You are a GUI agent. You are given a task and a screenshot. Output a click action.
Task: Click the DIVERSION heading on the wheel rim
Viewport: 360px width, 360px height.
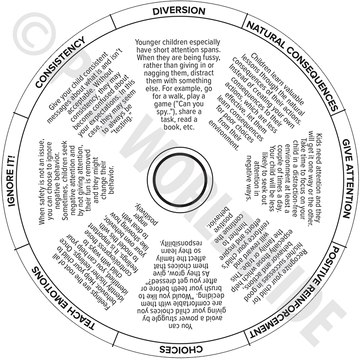click(x=179, y=11)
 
